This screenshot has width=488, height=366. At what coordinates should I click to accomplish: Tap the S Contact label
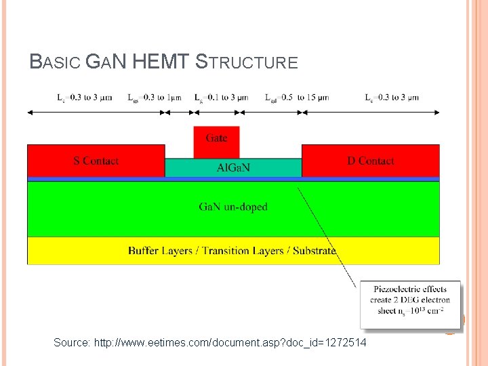click(96, 161)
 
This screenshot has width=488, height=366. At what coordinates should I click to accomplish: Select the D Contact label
click(370, 161)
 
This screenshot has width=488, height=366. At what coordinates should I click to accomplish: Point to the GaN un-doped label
click(233, 207)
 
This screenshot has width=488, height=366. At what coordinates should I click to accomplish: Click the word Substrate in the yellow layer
click(314, 251)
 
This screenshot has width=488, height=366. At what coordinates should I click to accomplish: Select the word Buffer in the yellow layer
click(144, 251)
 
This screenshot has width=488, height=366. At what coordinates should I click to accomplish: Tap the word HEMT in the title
click(161, 63)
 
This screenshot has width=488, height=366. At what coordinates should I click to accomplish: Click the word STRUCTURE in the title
click(246, 63)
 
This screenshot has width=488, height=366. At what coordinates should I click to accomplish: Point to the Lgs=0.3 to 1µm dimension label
click(155, 98)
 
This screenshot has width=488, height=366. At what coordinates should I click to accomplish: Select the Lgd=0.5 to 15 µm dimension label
click(297, 98)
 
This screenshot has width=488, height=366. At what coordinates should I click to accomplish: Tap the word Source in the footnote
click(70, 344)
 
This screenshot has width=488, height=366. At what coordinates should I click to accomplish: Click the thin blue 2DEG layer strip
click(233, 179)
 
